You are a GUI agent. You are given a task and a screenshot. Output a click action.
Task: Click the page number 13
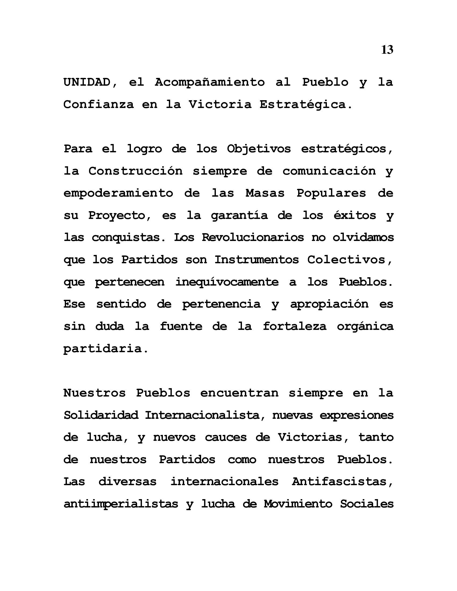(x=387, y=50)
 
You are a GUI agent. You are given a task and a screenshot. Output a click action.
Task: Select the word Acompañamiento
(x=210, y=82)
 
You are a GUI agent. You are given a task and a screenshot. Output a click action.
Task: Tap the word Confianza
(x=99, y=104)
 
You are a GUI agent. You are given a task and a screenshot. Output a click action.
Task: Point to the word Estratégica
(x=306, y=104)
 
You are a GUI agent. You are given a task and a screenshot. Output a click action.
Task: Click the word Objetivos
(x=259, y=149)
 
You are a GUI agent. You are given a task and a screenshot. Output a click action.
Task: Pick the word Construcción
(x=135, y=171)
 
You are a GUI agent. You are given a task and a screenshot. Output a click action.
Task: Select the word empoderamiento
(x=118, y=193)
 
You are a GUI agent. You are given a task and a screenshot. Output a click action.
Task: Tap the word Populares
(x=331, y=193)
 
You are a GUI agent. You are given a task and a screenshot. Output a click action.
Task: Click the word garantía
(x=239, y=215)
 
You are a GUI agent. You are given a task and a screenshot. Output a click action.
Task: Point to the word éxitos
(x=355, y=215)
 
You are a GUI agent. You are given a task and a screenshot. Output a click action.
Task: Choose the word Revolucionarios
(x=253, y=237)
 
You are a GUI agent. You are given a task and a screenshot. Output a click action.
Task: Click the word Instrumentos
(x=257, y=260)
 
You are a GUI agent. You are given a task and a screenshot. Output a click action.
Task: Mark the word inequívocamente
(x=227, y=282)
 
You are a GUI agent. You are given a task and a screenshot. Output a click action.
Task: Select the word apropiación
(x=329, y=304)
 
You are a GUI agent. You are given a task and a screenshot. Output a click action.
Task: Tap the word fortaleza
(x=295, y=326)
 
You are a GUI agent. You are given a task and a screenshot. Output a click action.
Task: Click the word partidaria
(x=106, y=348)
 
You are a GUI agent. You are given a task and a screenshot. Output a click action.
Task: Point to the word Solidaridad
(x=101, y=415)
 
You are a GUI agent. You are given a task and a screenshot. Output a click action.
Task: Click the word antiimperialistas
(x=121, y=504)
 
